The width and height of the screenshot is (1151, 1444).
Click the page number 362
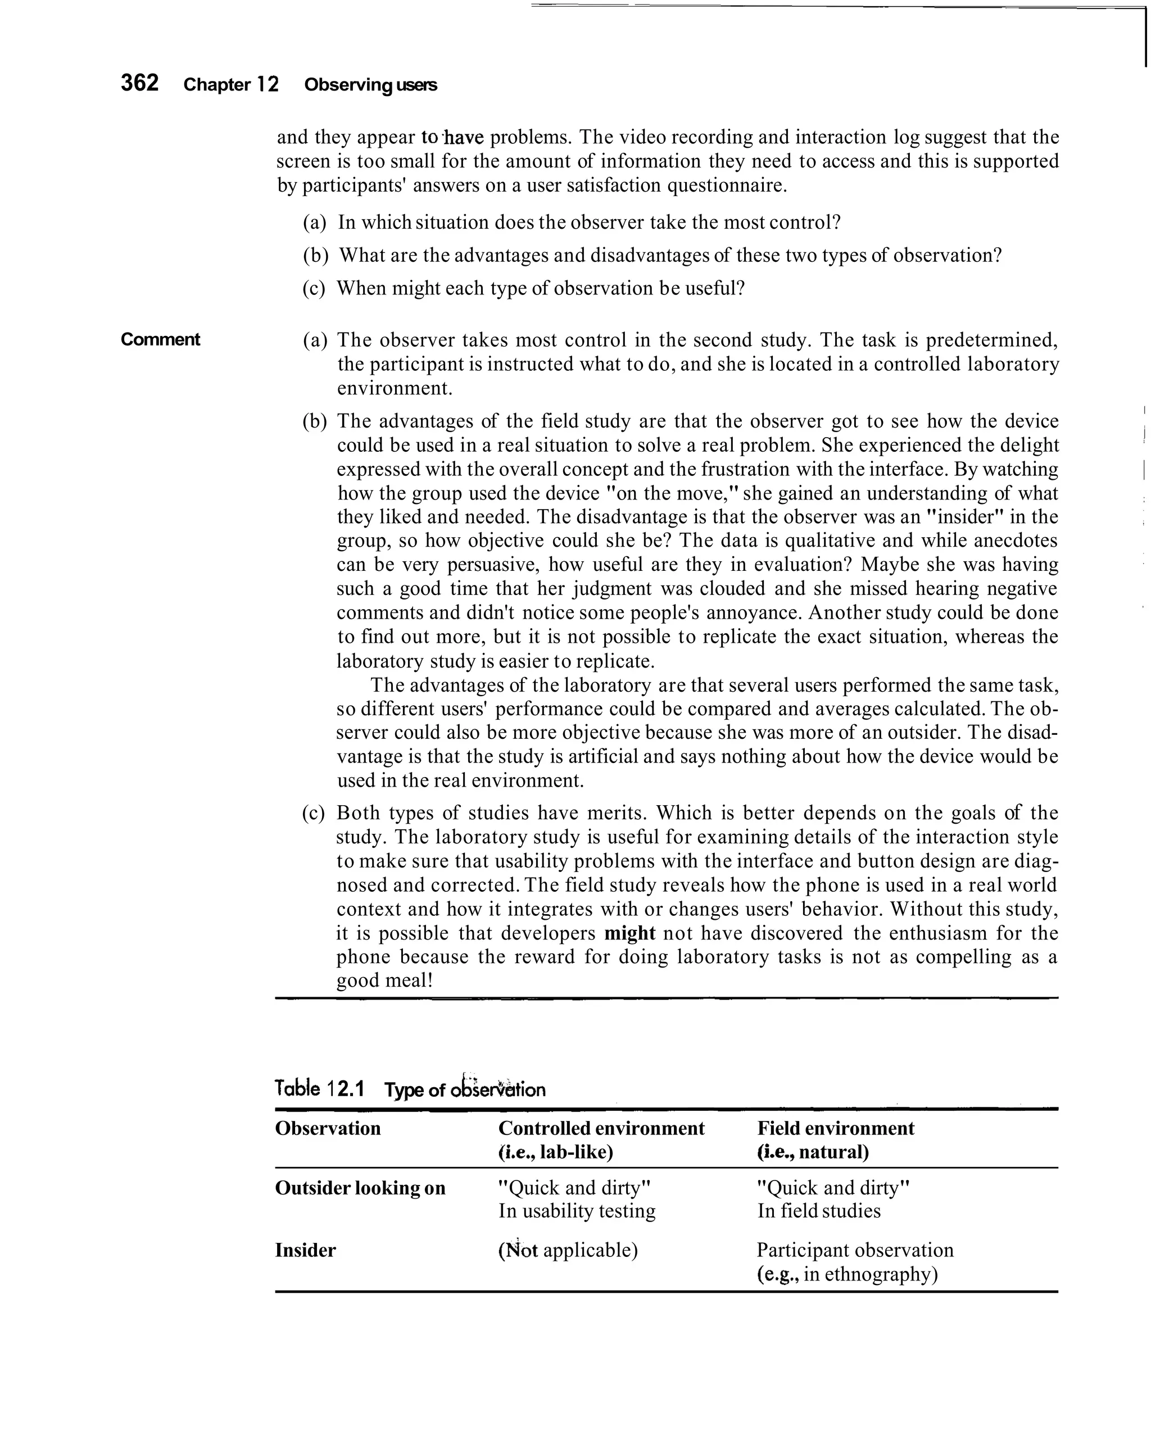pos(139,83)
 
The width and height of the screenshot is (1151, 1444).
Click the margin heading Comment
pos(160,339)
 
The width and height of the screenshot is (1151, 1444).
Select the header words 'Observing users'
pos(370,85)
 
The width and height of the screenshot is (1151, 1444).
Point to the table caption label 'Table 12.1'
pos(319,1088)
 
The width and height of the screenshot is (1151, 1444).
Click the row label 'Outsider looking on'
pos(360,1187)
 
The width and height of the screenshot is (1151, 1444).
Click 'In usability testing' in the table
pos(576,1211)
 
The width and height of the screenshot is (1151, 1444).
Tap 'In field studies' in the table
pos(818,1211)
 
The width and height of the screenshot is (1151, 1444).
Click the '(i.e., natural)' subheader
pos(813,1152)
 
